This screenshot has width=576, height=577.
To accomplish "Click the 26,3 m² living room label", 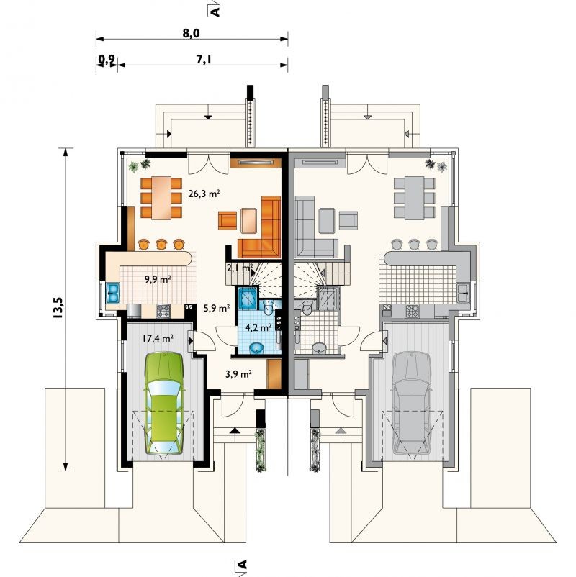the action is coord(204,194).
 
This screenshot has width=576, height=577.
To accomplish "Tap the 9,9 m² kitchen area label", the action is coord(158,279).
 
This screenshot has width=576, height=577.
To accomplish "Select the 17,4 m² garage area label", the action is coord(158,338).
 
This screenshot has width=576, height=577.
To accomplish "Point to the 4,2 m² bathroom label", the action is coord(258,327).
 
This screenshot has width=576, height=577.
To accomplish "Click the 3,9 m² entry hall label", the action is coord(238,374).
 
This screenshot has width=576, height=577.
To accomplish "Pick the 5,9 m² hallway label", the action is coord(217,308).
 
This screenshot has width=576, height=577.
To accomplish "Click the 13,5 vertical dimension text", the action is coord(58,308).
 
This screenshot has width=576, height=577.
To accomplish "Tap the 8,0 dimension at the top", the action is coord(191,33).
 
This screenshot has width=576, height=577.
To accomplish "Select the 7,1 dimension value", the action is coord(203,59).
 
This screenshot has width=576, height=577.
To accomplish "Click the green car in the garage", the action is coord(164,404).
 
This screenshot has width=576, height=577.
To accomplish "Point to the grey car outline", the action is coord(412,403).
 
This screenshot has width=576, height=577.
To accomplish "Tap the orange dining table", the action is coord(161,198).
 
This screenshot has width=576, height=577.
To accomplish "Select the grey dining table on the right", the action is coord(414,198).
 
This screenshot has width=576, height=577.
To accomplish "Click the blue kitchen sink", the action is coord(112,294).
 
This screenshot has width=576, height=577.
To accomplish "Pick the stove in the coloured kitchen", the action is coord(163,312).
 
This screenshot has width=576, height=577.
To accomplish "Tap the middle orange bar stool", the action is coord(161,244).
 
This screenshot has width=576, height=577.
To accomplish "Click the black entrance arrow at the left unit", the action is coord(235,430).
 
